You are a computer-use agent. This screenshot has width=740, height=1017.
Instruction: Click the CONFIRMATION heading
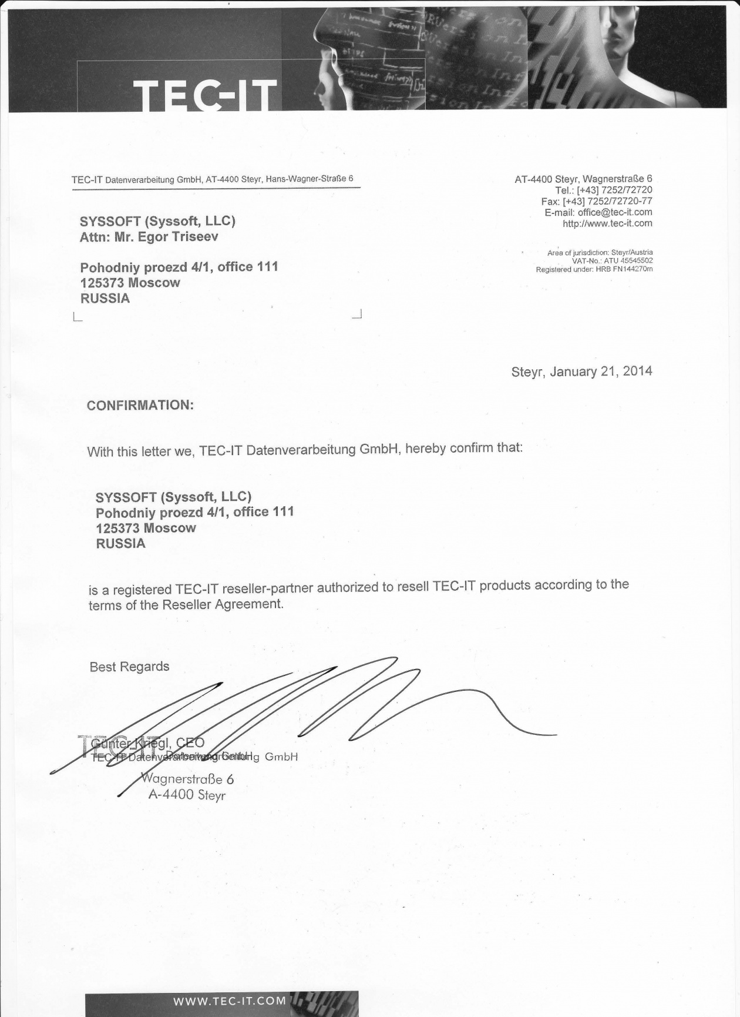pos(140,406)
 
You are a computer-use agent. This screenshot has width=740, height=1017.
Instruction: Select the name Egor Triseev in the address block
pos(180,237)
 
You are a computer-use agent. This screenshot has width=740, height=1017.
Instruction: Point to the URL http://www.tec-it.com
pos(607,223)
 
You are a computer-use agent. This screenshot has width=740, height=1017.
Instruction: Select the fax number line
pos(596,201)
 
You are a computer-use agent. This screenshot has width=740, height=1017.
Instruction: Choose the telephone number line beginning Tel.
pos(603,190)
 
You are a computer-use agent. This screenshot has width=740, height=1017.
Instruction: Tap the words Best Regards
pos(129,667)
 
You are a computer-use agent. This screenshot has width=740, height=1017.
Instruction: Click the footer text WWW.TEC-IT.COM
pos(230,1001)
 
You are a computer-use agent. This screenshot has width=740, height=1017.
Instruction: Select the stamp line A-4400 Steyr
pos(187,795)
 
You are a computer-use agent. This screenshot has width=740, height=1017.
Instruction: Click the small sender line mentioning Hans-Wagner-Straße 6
pos(212,179)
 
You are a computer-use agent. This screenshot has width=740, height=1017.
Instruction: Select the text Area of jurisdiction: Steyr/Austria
pos(600,253)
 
